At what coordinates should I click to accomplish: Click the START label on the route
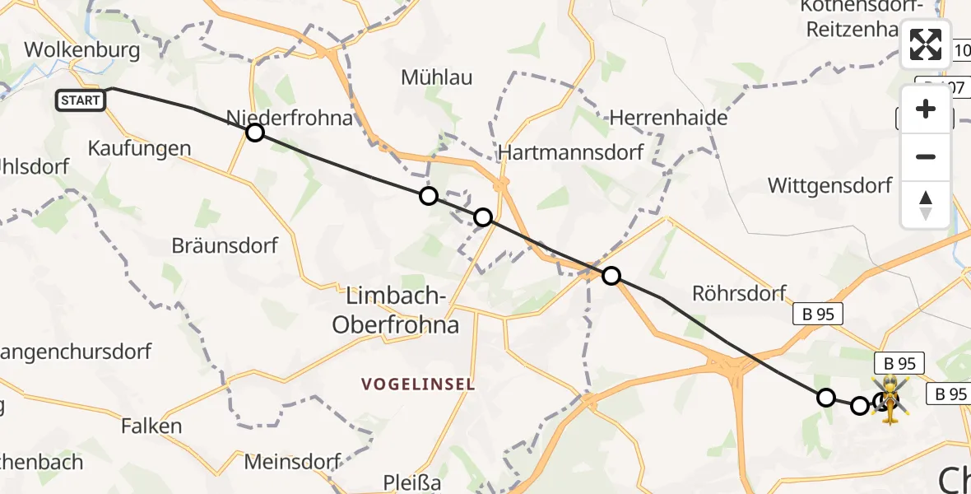[x=81, y=100]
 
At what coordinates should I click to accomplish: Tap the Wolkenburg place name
[x=81, y=49]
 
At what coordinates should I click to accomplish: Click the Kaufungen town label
[x=139, y=149]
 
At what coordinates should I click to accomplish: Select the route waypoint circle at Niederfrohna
[x=255, y=132]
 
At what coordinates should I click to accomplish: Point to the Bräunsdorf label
[x=225, y=245]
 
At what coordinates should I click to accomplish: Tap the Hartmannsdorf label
[x=570, y=152]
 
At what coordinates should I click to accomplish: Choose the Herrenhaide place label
[x=668, y=118]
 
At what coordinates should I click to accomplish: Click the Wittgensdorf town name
[x=829, y=185]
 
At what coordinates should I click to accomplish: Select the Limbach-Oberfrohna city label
[x=395, y=310]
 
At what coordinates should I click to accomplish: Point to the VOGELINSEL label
[x=419, y=384]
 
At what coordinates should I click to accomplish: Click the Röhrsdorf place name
[x=739, y=293]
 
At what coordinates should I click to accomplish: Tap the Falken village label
[x=151, y=426]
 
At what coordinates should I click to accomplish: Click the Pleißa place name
[x=413, y=482]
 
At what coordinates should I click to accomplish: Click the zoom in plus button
[x=926, y=109]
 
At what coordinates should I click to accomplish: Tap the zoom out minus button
[x=926, y=156]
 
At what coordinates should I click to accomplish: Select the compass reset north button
[x=926, y=204]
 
